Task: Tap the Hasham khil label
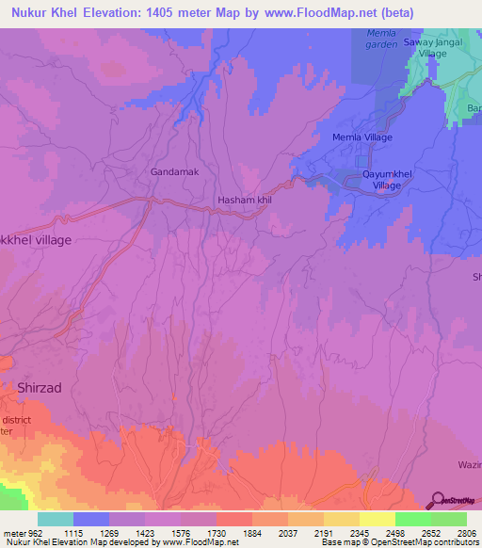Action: pos(245,201)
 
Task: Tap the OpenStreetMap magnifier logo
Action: pos(438,501)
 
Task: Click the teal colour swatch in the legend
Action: pos(56,519)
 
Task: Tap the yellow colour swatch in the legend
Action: pos(378,519)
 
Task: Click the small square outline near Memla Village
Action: pos(362,160)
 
